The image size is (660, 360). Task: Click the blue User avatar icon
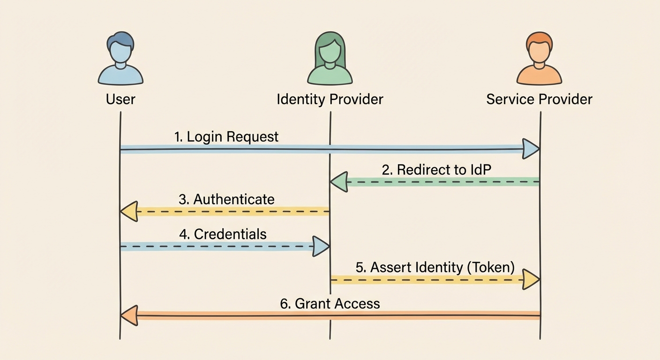(x=120, y=59)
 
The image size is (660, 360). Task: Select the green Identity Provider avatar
(x=330, y=59)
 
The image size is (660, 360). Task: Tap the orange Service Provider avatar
(x=539, y=59)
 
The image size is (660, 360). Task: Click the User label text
(x=120, y=99)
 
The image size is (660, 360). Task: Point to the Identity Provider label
(x=330, y=99)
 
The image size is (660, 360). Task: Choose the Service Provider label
(x=539, y=99)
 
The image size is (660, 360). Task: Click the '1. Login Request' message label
(x=226, y=137)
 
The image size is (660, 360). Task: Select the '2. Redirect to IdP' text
(x=436, y=170)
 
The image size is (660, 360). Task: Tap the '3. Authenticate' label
(x=226, y=199)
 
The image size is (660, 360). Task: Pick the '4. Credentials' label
(x=223, y=234)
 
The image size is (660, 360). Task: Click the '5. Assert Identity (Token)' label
(x=435, y=267)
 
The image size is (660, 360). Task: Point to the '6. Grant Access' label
(x=330, y=303)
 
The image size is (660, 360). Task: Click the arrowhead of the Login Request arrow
(x=531, y=149)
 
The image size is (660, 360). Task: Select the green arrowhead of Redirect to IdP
(x=338, y=182)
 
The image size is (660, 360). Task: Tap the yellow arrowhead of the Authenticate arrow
(x=128, y=211)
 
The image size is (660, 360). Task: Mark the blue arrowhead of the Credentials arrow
(x=321, y=246)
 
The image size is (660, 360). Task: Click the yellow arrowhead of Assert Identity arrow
(x=531, y=280)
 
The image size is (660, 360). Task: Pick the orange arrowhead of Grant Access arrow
(x=128, y=315)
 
